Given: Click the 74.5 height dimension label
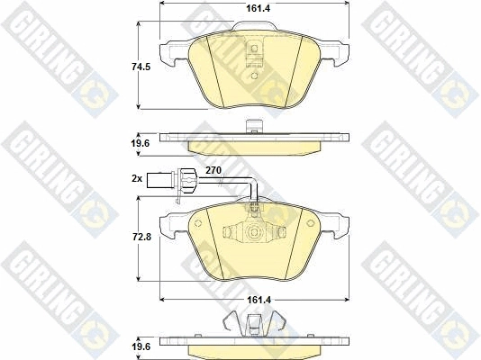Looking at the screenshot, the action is pyautogui.click(x=141, y=67).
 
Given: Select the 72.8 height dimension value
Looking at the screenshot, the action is pyautogui.click(x=141, y=237).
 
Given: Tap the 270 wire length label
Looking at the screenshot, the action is pyautogui.click(x=213, y=170).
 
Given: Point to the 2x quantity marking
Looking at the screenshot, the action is pyautogui.click(x=137, y=178).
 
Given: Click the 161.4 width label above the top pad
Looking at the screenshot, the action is pyautogui.click(x=259, y=8).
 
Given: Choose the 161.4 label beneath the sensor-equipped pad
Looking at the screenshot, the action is pyautogui.click(x=259, y=300).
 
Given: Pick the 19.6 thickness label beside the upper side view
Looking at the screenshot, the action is pyautogui.click(x=141, y=143).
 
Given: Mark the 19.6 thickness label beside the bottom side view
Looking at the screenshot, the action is pyautogui.click(x=141, y=346).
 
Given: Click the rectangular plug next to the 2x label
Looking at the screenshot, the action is pyautogui.click(x=159, y=181).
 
